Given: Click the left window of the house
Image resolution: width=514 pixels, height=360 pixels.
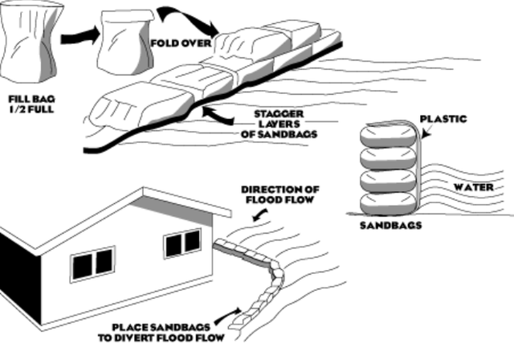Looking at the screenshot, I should click(92, 264).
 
